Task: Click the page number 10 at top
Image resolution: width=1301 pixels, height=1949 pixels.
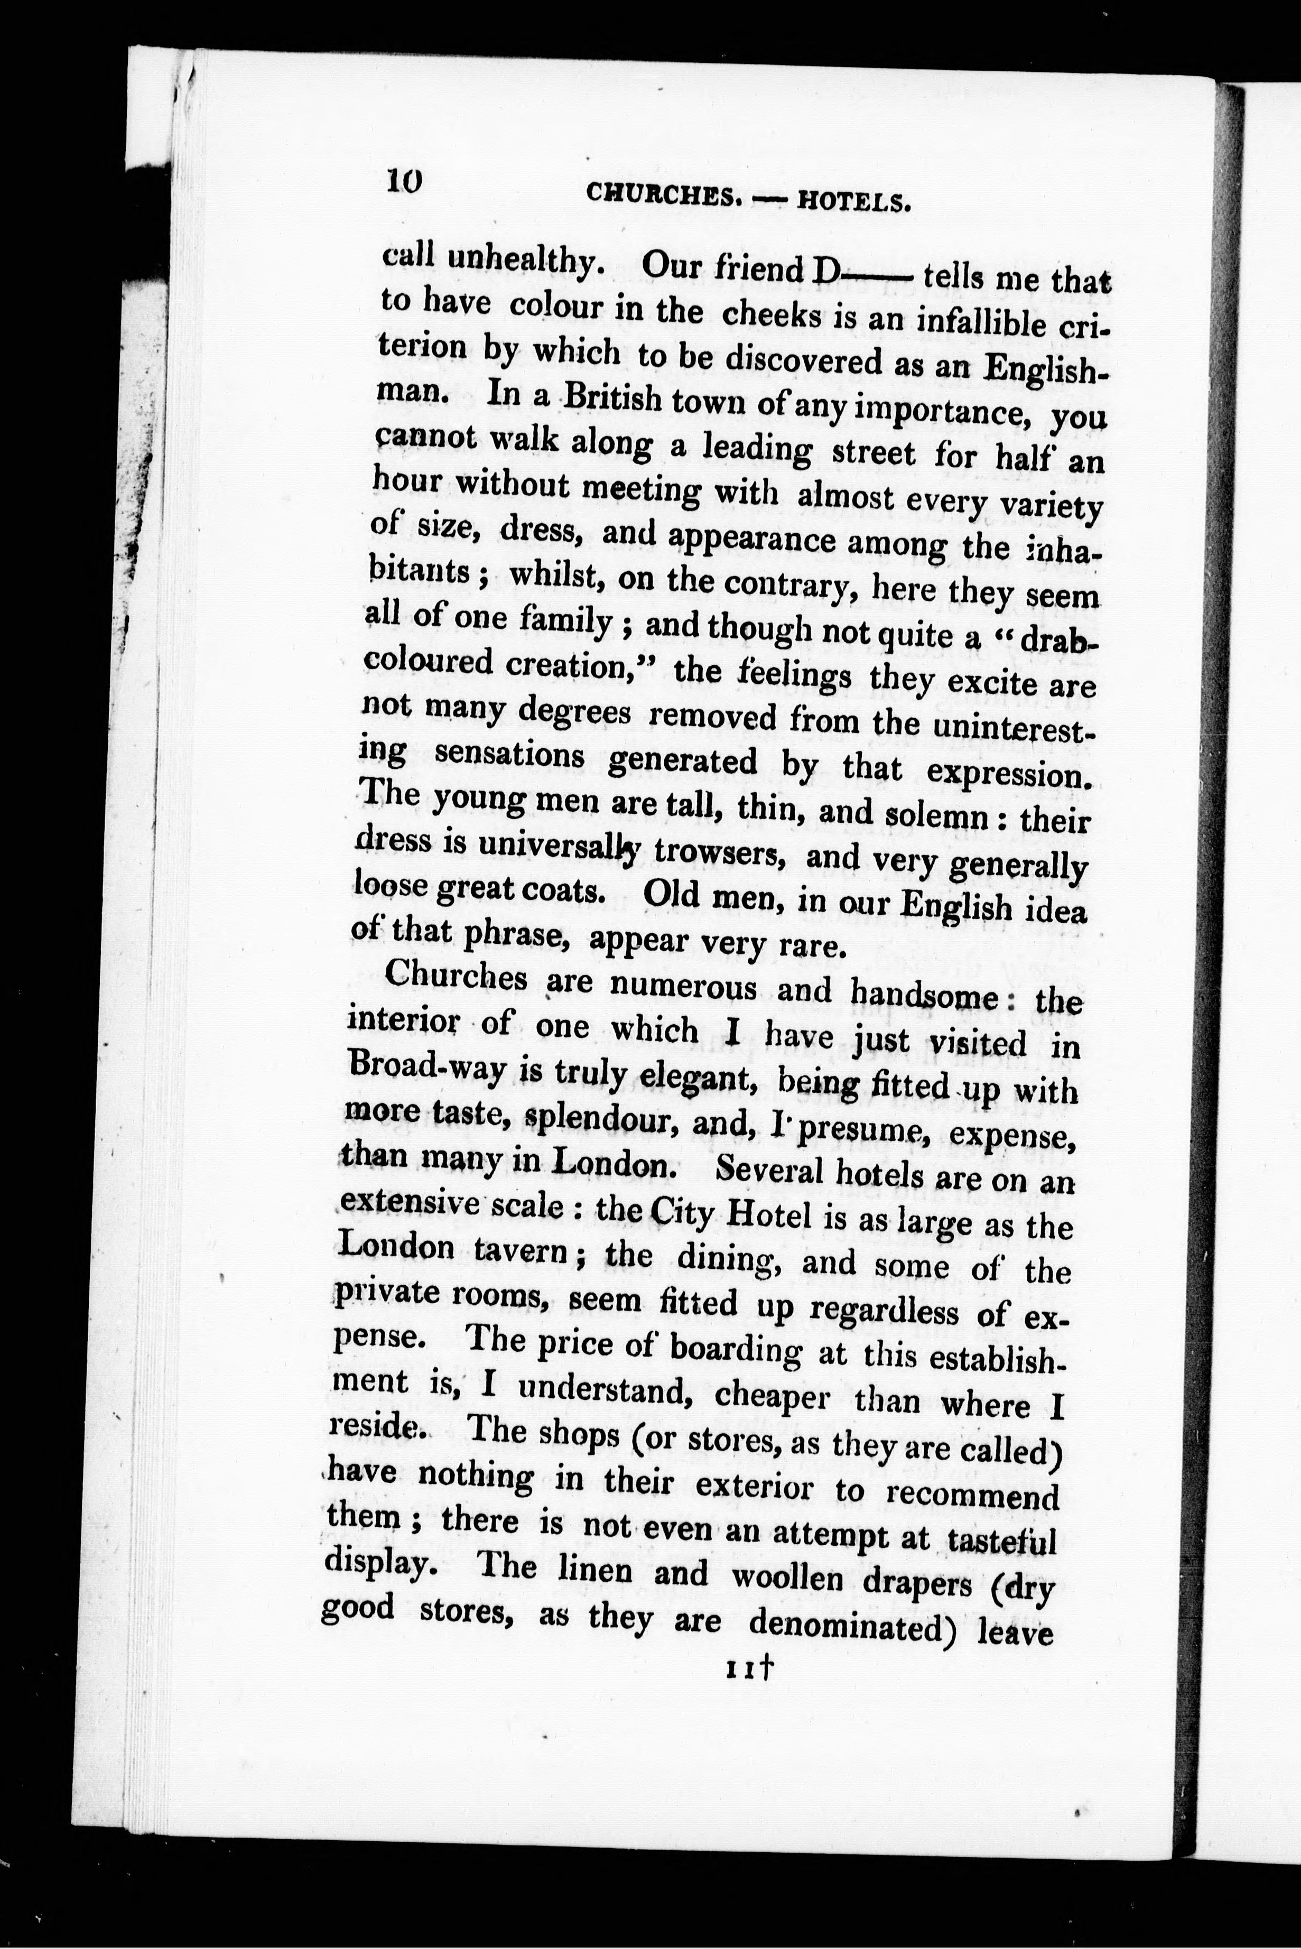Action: (405, 180)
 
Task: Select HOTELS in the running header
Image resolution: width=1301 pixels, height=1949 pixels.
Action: (854, 202)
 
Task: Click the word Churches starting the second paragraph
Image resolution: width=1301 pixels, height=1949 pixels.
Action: (457, 976)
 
